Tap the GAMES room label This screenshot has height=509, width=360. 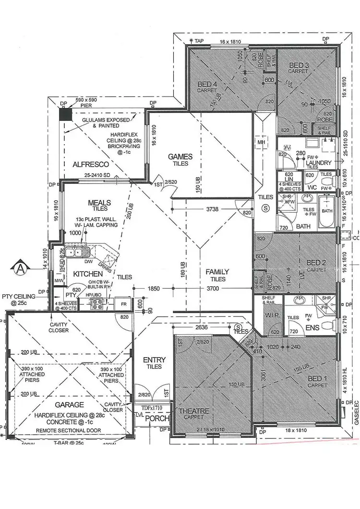coord(180,157)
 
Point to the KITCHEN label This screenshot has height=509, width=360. coord(88,274)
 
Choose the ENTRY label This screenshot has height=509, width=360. coord(154,360)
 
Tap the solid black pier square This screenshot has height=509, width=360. coord(64,114)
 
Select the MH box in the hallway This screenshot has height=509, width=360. coord(262,143)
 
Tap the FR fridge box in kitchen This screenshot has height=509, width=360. coord(123,304)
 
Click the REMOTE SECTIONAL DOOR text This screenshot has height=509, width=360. coord(72,430)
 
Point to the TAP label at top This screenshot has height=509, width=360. coord(198,41)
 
